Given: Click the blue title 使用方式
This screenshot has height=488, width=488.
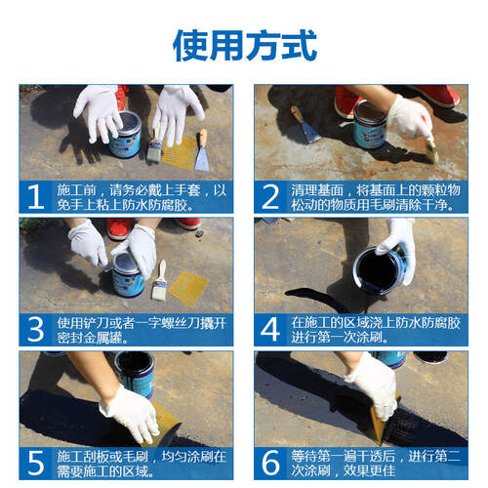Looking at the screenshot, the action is click(x=245, y=46).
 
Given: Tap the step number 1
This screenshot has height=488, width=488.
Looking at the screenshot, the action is click(x=35, y=196).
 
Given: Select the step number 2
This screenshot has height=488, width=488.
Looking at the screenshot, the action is click(x=270, y=196).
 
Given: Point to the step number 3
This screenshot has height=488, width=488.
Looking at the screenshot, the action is click(x=35, y=330).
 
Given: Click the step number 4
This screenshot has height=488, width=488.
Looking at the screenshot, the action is click(x=270, y=330).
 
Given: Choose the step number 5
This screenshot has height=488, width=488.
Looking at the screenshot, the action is click(x=35, y=463).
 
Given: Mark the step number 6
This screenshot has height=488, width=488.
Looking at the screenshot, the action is click(x=270, y=463).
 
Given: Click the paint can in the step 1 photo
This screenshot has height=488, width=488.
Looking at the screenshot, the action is click(x=126, y=135).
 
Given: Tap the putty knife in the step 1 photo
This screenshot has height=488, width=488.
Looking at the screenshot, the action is click(x=202, y=150).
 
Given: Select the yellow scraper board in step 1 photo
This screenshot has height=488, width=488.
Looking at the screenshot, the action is click(x=179, y=153).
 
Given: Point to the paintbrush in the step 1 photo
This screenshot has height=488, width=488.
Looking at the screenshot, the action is click(x=154, y=145).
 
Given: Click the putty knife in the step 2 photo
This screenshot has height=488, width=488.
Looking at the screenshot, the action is click(x=305, y=124).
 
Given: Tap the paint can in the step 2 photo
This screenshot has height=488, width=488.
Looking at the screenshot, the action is click(x=370, y=125).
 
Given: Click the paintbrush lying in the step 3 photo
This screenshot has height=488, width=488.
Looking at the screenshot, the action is click(x=159, y=280).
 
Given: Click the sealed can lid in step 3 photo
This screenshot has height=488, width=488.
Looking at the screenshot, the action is click(x=126, y=263).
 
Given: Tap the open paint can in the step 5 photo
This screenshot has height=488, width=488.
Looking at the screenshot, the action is click(x=135, y=374).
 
